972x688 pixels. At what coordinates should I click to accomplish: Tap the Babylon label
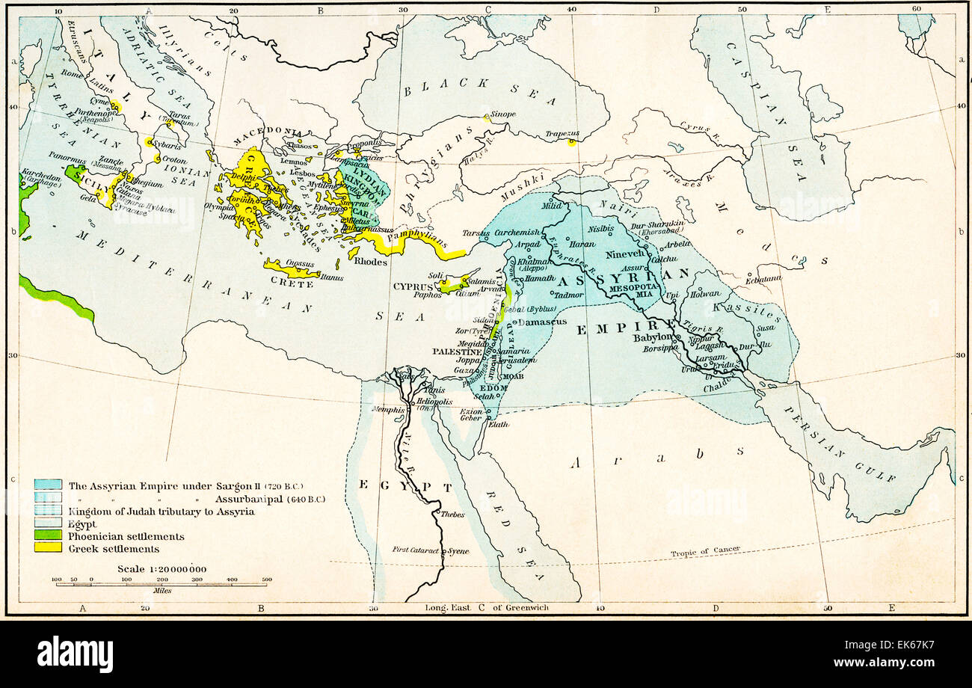pyautogui.click(x=653, y=337)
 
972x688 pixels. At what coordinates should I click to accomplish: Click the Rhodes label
pyautogui.click(x=371, y=262)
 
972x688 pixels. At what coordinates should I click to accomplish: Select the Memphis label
pyautogui.click(x=390, y=410)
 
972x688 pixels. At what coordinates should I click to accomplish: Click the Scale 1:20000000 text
pyautogui.click(x=162, y=569)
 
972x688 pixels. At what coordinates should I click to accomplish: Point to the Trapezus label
pyautogui.click(x=562, y=134)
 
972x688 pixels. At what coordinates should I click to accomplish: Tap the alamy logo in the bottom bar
pyautogui.click(x=75, y=654)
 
